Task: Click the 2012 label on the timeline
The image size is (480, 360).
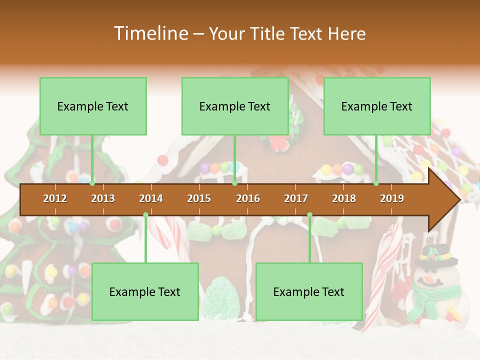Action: [55, 198]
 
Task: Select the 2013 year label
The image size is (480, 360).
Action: [103, 198]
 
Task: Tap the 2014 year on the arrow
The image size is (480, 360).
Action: [151, 198]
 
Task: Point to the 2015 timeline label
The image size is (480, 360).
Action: [199, 198]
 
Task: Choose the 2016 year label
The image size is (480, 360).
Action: [248, 198]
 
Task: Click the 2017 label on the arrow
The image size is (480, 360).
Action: [296, 198]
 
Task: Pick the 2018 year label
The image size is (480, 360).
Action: [344, 198]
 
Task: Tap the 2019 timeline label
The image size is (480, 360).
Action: [392, 198]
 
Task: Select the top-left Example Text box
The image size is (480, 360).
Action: [93, 106]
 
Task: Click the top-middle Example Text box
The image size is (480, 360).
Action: [235, 106]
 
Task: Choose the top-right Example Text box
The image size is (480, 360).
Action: [377, 106]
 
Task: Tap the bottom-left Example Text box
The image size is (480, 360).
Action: [145, 291]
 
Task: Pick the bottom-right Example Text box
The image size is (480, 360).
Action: [309, 291]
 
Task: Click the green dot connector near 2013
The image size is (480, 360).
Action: [92, 183]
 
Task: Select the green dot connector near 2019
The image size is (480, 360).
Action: [376, 183]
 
